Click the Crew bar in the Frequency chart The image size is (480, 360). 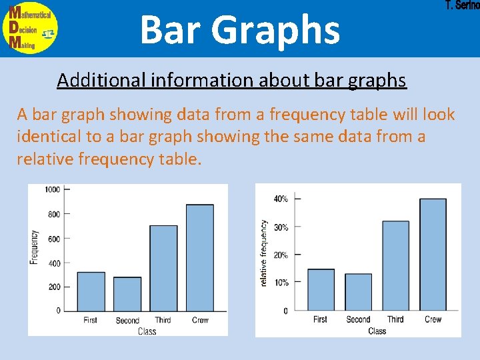pos(200,257)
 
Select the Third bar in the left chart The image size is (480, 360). pos(163,268)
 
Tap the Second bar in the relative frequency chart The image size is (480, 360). pos(358,292)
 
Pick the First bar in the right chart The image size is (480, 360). pos(321,289)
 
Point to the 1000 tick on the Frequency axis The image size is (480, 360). pos(53,189)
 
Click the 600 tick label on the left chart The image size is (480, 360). pos(53,239)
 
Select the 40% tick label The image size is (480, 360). pos(281,199)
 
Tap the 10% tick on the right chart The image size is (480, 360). pos(281,283)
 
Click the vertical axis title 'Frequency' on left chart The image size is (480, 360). pos(34,247)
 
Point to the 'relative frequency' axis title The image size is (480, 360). pos(264,253)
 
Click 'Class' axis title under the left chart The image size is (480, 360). pos(147,331)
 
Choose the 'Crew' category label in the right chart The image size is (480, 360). pos(433,319)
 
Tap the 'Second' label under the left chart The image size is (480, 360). pos(127,321)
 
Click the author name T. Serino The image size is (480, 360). pos(461,6)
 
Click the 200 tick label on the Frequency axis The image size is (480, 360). pos(53,287)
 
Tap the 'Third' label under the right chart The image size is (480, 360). pos(395,319)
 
